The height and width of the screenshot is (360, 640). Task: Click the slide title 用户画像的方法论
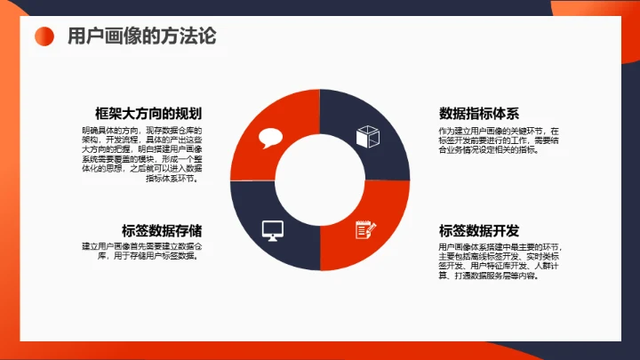(141, 36)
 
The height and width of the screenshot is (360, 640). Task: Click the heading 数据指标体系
(479, 114)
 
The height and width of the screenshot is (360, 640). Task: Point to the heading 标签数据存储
(161, 229)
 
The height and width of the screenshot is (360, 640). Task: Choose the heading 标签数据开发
(479, 229)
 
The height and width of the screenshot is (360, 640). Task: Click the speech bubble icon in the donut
(269, 138)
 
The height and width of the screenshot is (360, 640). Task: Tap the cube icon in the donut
(367, 138)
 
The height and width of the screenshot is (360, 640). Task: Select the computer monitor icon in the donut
(272, 230)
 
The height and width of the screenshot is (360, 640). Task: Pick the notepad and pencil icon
(365, 228)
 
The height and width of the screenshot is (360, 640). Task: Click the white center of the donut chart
(319, 181)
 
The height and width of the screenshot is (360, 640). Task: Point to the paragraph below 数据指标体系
(498, 140)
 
